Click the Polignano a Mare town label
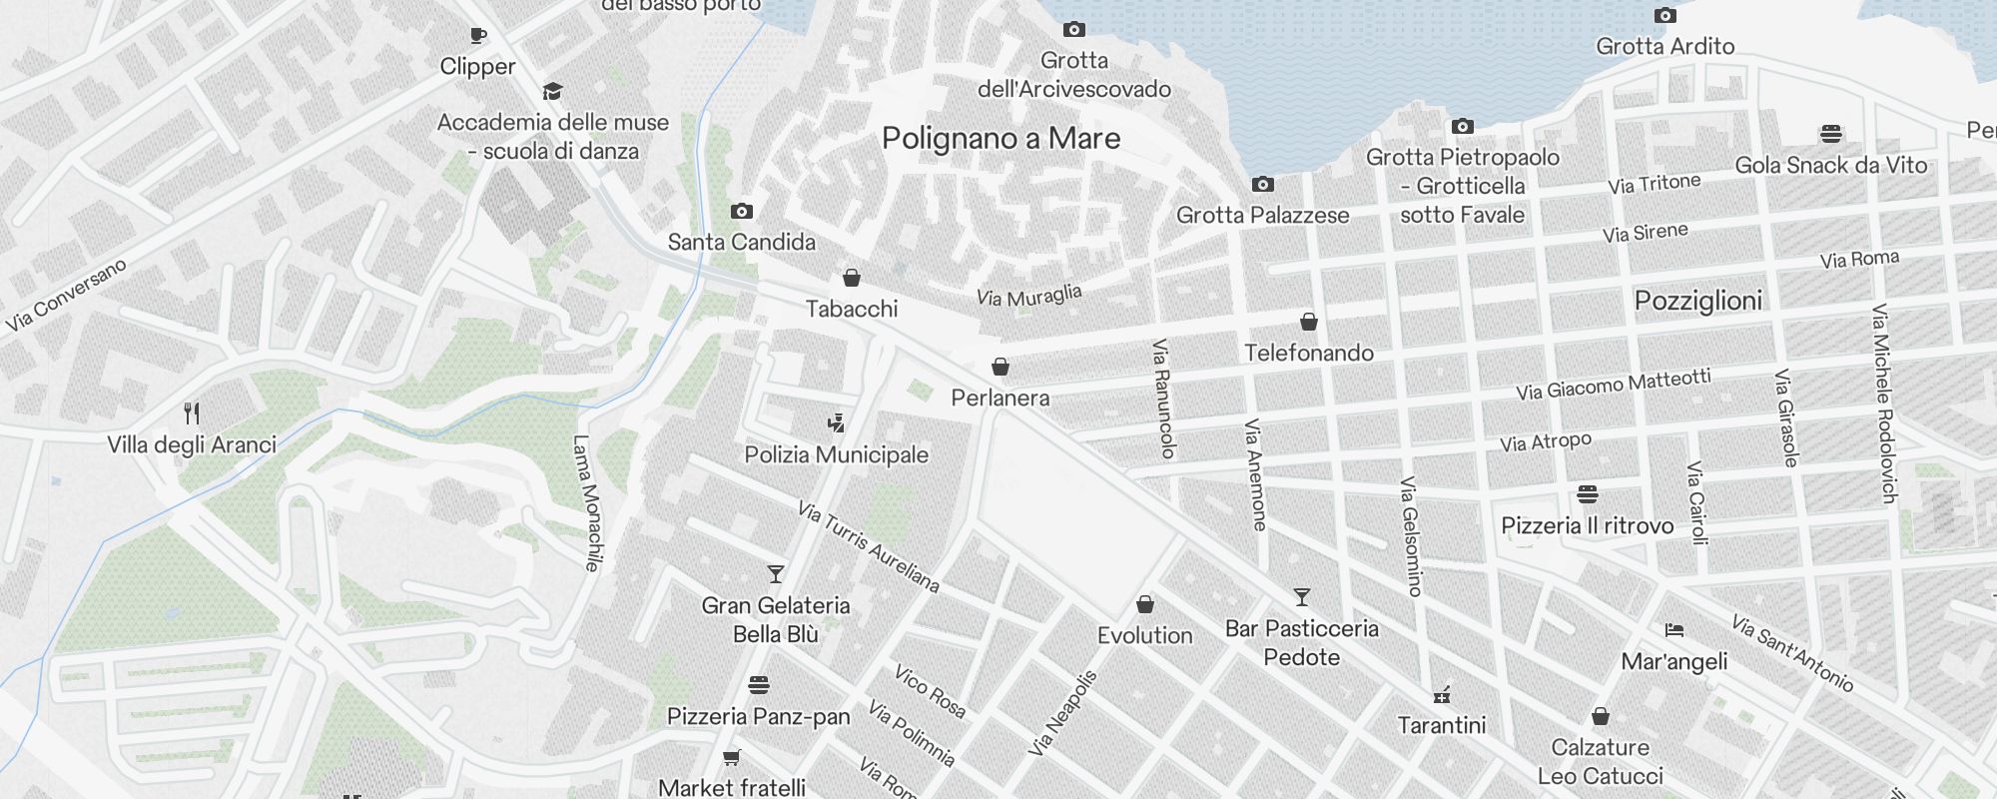(x=1000, y=139)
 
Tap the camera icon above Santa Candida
(x=741, y=211)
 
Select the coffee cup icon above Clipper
(x=478, y=36)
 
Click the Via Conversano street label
(x=66, y=295)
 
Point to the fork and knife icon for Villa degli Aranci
(x=192, y=412)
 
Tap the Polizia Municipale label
(x=836, y=455)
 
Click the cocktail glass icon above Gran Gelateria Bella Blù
(x=775, y=574)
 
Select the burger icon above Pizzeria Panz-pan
(x=758, y=685)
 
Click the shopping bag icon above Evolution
(x=1145, y=604)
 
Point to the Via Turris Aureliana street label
(x=869, y=547)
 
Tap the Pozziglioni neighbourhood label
(x=1697, y=301)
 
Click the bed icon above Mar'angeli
(x=1674, y=630)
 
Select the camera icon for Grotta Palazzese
(x=1263, y=185)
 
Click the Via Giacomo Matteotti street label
(x=1614, y=384)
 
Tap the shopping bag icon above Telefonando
(x=1308, y=322)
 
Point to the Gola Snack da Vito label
(x=1830, y=166)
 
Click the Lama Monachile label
(x=587, y=502)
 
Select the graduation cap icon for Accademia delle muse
(x=552, y=92)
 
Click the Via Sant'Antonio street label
(x=1792, y=654)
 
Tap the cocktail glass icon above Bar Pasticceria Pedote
(x=1301, y=597)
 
